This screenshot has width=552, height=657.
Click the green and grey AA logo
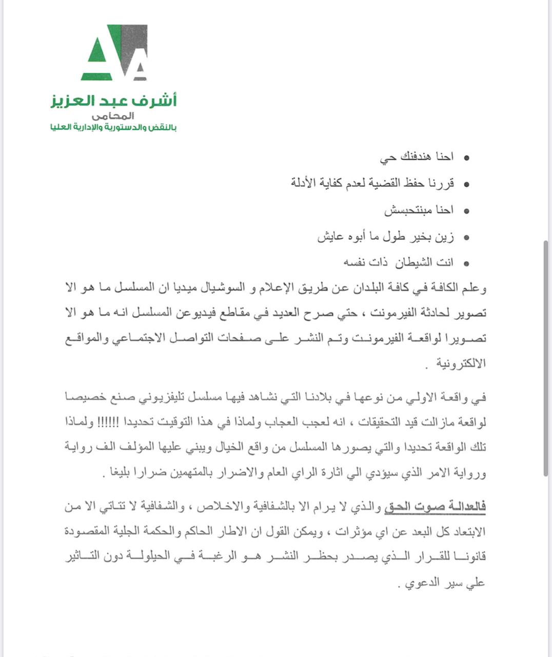114,52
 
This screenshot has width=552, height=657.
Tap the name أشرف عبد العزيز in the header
113,100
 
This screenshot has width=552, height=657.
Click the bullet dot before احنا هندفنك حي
466,158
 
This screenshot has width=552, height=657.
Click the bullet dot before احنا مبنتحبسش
466,211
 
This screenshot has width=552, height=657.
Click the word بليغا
116,473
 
